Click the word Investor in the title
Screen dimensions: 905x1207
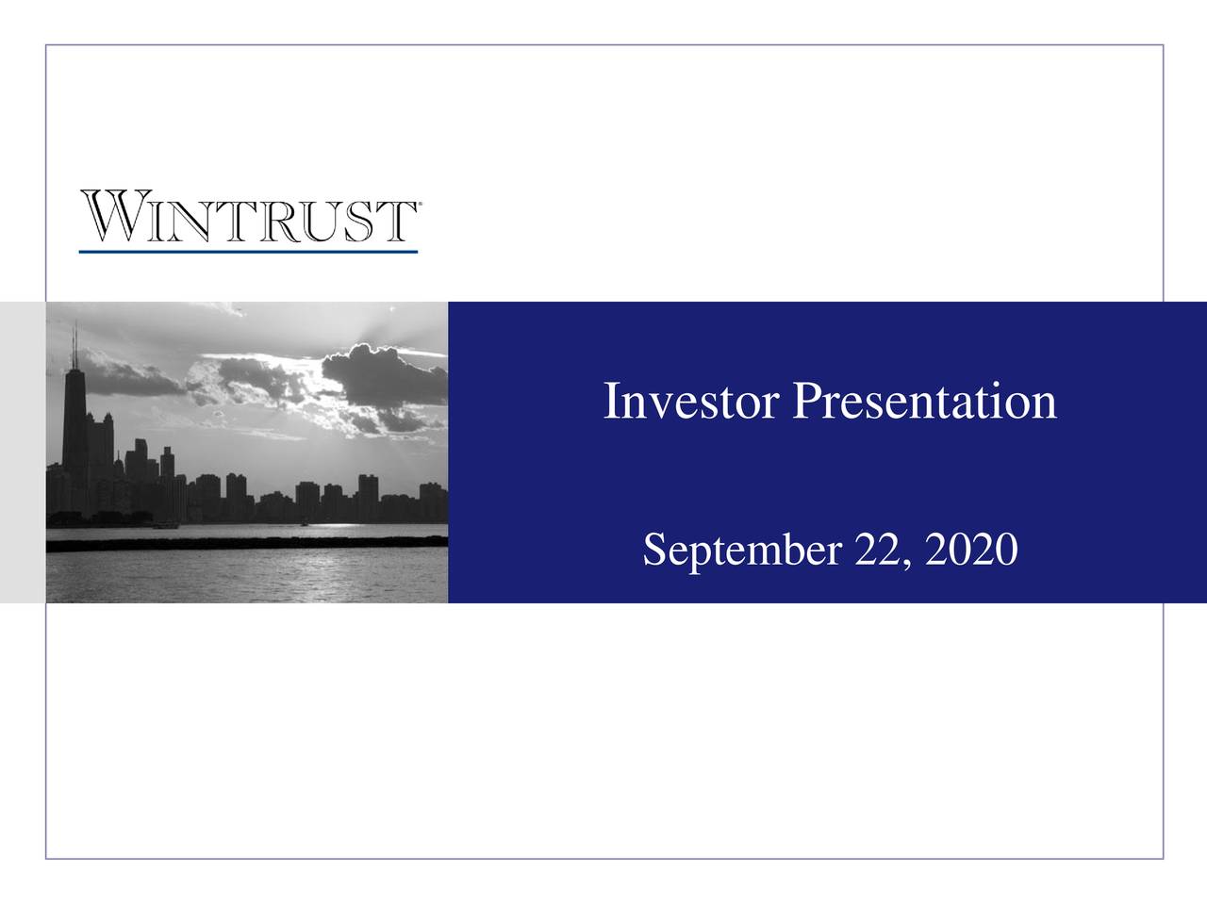click(x=690, y=402)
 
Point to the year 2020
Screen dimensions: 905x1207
click(x=972, y=550)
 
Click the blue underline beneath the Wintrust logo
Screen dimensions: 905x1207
click(x=248, y=252)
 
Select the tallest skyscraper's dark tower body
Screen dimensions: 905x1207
click(x=74, y=424)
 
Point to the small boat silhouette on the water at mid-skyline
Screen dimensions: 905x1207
click(x=303, y=522)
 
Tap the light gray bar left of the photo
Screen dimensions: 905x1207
click(x=23, y=452)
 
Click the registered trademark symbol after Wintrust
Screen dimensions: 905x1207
click(x=419, y=204)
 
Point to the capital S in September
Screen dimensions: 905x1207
click(x=654, y=550)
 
